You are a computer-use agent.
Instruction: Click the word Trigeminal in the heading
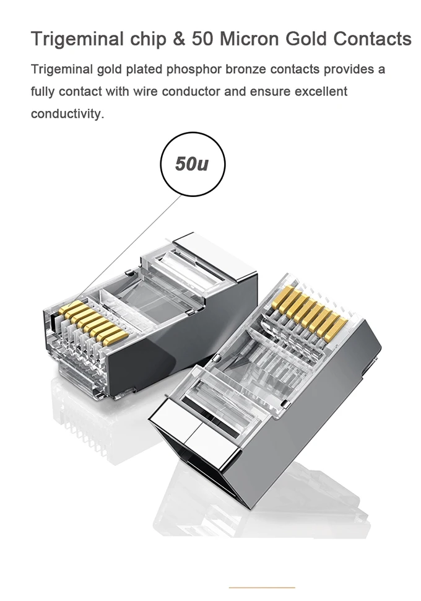[x=77, y=40]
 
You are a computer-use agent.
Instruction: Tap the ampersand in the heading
[x=178, y=39]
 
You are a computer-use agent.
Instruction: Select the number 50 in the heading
[x=202, y=39]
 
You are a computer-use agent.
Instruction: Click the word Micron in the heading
[x=250, y=39]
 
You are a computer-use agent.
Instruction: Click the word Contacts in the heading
[x=372, y=39]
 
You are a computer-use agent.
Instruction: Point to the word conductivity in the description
[x=67, y=114]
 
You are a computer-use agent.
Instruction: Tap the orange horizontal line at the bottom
[x=262, y=587]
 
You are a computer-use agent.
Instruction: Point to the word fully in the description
[x=43, y=92]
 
